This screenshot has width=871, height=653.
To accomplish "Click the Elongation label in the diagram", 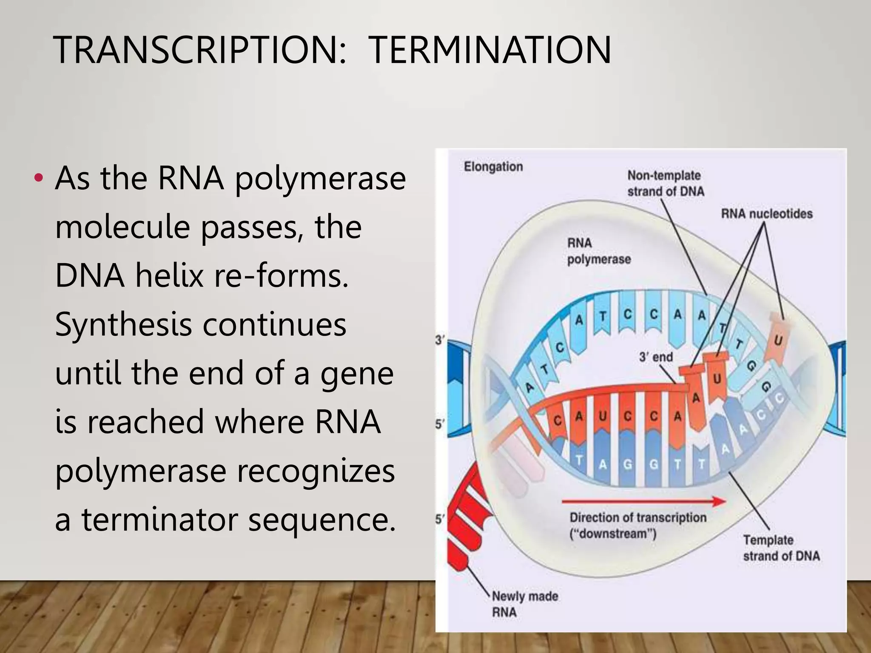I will tap(493, 167).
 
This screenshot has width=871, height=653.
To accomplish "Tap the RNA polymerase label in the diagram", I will tap(598, 251).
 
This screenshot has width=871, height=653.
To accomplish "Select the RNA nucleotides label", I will tap(766, 213).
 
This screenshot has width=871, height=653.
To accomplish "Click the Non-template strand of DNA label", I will tap(665, 183).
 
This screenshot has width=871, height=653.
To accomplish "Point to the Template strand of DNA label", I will tap(781, 548).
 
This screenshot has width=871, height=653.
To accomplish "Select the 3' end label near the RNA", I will tap(655, 357).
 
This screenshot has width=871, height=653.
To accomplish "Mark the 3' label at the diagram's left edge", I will tap(439, 340).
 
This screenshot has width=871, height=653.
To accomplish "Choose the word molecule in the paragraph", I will tap(122, 227).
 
